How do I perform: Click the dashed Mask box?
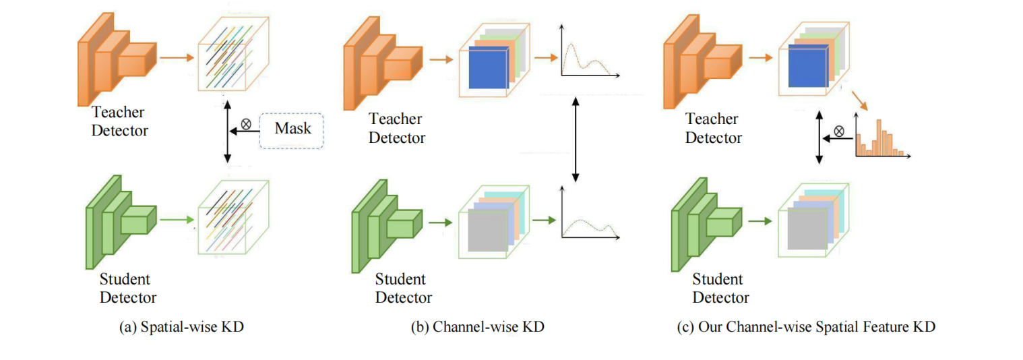[x=292, y=127]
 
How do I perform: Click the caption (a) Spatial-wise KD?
[x=181, y=328]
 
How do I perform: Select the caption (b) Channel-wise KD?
[x=477, y=328]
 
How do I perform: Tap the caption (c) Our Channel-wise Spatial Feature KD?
[x=806, y=328]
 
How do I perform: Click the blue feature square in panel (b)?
[x=487, y=69]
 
